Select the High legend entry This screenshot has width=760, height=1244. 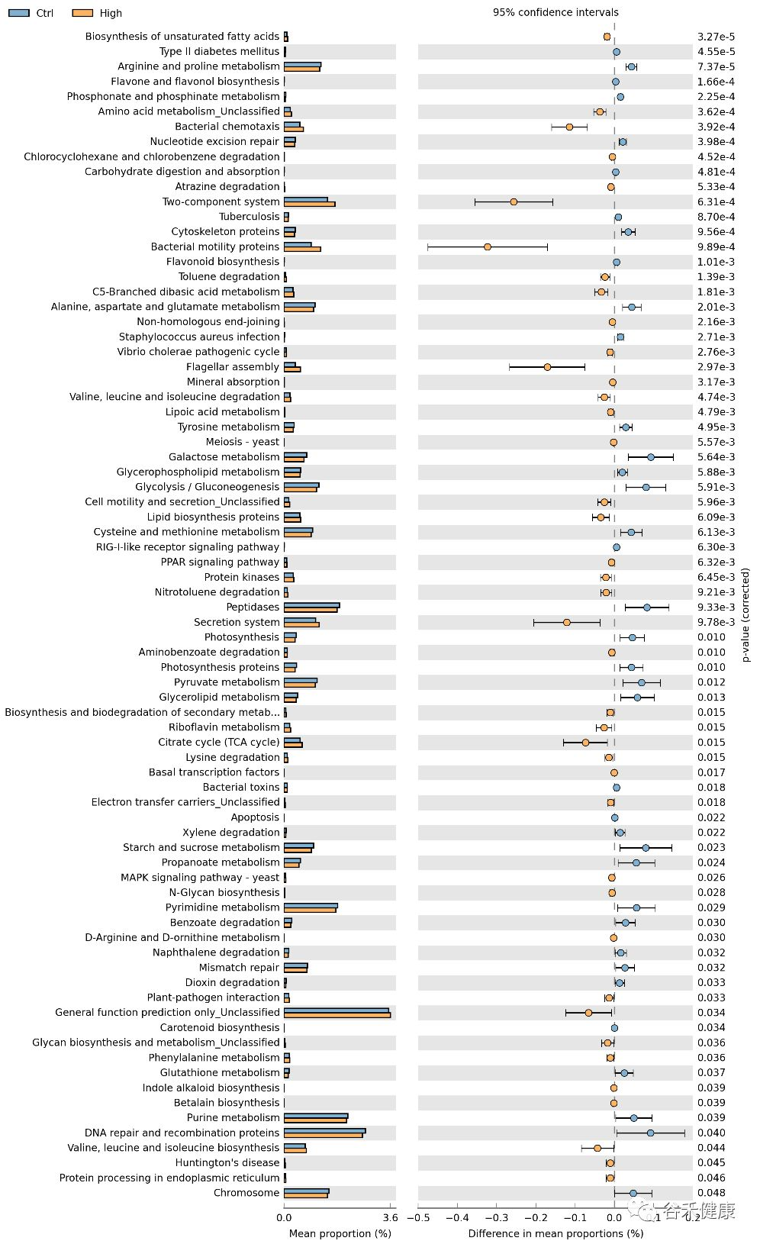(x=97, y=13)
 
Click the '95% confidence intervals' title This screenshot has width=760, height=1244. (x=556, y=12)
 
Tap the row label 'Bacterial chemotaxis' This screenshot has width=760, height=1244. (x=227, y=127)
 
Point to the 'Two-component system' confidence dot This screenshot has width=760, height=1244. (x=514, y=202)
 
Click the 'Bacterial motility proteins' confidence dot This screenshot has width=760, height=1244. (x=488, y=247)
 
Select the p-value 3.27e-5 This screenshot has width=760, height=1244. (x=716, y=37)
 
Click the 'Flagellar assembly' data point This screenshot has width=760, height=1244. (x=547, y=367)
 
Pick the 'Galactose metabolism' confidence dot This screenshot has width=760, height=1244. (x=651, y=457)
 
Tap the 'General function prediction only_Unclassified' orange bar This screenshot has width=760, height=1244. (x=337, y=1015)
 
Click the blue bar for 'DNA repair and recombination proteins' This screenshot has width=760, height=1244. (x=324, y=1130)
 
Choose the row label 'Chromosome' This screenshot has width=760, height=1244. (x=246, y=1193)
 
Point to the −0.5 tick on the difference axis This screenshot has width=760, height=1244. (x=418, y=1218)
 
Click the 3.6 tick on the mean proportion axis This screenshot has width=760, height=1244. (x=389, y=1218)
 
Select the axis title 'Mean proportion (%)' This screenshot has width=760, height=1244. (x=340, y=1233)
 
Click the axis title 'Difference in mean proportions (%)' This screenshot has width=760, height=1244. (x=556, y=1233)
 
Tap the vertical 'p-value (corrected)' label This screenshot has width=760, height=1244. (x=746, y=614)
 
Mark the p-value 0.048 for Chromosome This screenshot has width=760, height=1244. (x=711, y=1193)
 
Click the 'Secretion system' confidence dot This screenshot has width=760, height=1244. (x=567, y=623)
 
